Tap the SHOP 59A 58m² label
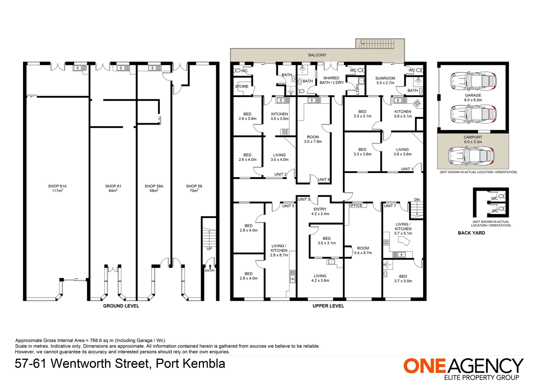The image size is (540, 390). pos(154,188)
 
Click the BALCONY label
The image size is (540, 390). pos(317,55)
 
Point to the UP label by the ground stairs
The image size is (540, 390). pos(209,249)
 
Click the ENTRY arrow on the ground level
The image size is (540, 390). pos(210,266)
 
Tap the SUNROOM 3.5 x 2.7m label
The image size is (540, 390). pos(385,80)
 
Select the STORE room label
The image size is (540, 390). pos(241,87)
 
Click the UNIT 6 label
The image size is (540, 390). pos(324,179)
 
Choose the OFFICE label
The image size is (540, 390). pos(356,205)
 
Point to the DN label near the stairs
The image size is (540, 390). pos(417,200)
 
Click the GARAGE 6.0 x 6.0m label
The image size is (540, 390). pos(473,97)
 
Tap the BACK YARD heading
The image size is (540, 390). pos(471,233)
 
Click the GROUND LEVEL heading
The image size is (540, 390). pos(121,306)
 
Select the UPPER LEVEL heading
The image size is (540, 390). pos(328,306)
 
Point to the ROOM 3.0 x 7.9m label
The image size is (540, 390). pos(313,139)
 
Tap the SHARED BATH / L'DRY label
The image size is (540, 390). pos(331,80)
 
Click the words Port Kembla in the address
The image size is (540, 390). pos(190,363)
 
